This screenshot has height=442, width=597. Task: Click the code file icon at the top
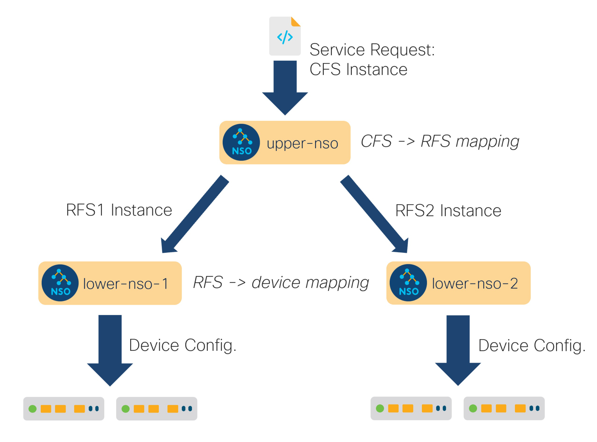[285, 36]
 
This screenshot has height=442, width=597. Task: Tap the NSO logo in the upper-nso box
[241, 142]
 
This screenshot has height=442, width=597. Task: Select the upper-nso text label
[302, 144]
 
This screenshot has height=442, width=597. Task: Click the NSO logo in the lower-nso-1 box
[60, 283]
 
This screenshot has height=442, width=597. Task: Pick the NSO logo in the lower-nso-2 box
[408, 283]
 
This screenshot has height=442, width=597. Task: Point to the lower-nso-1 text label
[126, 284]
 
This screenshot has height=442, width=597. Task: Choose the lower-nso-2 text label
[475, 283]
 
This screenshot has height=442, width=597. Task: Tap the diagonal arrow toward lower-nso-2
[374, 214]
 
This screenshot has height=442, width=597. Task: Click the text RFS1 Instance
[119, 210]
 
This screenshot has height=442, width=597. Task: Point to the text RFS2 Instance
[448, 210]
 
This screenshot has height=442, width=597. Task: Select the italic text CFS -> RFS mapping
[440, 141]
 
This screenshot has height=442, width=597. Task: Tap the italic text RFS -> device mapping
[281, 283]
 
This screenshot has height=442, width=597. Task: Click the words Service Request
[372, 50]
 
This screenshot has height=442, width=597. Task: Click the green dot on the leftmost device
[32, 409]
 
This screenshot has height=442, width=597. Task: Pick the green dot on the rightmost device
[473, 408]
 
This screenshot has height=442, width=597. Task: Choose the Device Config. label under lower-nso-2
[532, 345]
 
